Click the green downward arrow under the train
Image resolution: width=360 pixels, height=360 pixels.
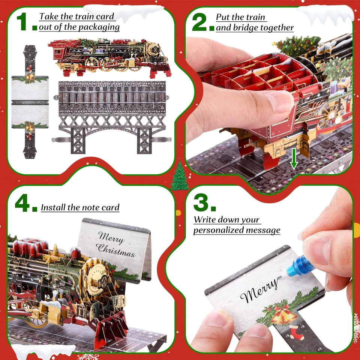point(294,160)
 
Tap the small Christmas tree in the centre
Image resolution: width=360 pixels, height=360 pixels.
point(180,176)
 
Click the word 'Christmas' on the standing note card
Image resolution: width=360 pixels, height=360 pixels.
point(115,249)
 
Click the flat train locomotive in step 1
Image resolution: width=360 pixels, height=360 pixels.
point(109,56)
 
